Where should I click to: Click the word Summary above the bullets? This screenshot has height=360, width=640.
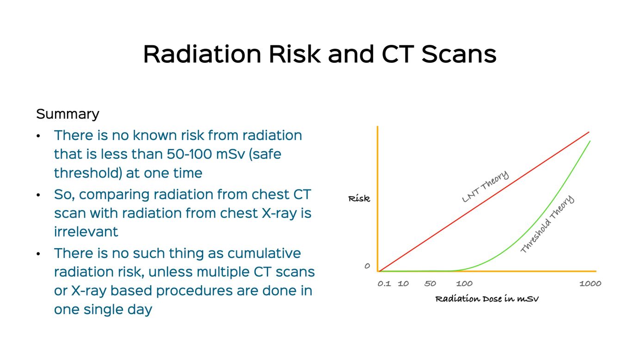click(68, 114)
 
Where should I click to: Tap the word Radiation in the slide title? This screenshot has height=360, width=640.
click(202, 54)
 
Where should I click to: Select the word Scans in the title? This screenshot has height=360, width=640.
click(459, 54)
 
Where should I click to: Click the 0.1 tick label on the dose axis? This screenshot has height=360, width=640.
click(384, 283)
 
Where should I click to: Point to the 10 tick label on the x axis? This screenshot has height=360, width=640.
click(403, 283)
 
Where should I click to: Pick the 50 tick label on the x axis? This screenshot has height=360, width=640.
click(430, 283)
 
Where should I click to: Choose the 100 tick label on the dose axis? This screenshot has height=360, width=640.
click(464, 283)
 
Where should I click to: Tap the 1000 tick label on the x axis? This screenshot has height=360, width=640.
click(590, 283)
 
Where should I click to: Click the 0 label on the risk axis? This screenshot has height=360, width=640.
click(367, 266)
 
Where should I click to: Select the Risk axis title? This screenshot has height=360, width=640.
click(359, 198)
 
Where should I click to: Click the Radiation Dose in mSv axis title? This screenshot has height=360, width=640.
click(487, 299)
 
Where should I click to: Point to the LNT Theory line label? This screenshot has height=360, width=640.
click(486, 186)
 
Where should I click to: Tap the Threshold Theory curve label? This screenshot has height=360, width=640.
click(548, 224)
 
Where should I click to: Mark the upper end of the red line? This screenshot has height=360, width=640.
click(589, 132)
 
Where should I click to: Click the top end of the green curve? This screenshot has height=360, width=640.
click(590, 141)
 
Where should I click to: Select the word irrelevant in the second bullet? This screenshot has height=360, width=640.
click(86, 232)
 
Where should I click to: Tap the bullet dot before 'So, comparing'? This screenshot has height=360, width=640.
click(38, 195)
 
